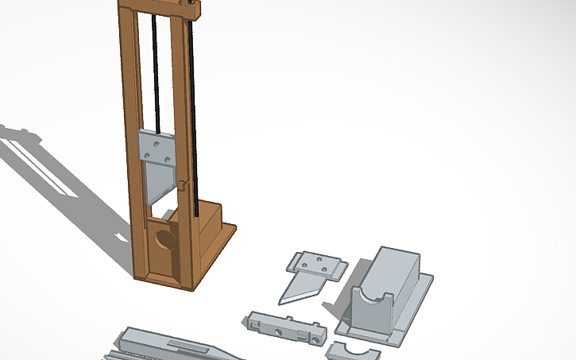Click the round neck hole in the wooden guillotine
[x=166, y=239]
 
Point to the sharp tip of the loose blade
[x=281, y=302]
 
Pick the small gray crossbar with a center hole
[x=284, y=327]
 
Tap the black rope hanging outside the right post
[x=194, y=119]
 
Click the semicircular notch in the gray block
[x=371, y=303]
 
